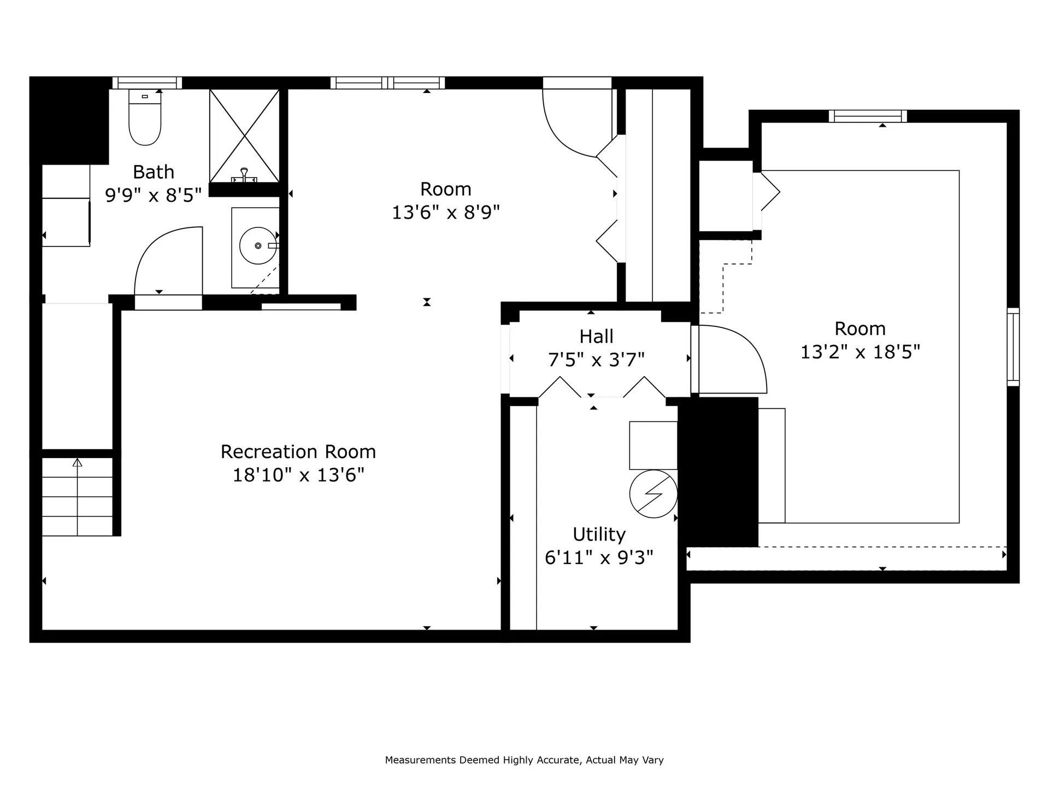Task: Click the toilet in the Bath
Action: click(x=145, y=118)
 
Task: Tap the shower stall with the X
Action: click(x=244, y=136)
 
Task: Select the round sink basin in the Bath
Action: click(x=258, y=246)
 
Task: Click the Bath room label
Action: click(x=154, y=172)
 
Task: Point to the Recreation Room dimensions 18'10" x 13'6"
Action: click(x=298, y=475)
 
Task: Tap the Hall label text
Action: click(x=596, y=336)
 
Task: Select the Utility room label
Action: click(x=599, y=534)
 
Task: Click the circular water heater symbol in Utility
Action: click(x=653, y=494)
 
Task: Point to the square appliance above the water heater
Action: click(x=653, y=445)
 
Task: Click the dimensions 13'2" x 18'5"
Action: click(x=860, y=352)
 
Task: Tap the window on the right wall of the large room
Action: click(x=1013, y=347)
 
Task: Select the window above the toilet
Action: click(x=147, y=83)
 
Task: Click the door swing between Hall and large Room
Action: click(x=738, y=355)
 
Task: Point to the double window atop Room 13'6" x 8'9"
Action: click(x=387, y=83)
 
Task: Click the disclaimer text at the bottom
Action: click(x=524, y=760)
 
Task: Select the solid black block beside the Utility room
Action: click(x=718, y=472)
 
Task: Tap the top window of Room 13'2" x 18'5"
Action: click(x=868, y=116)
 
